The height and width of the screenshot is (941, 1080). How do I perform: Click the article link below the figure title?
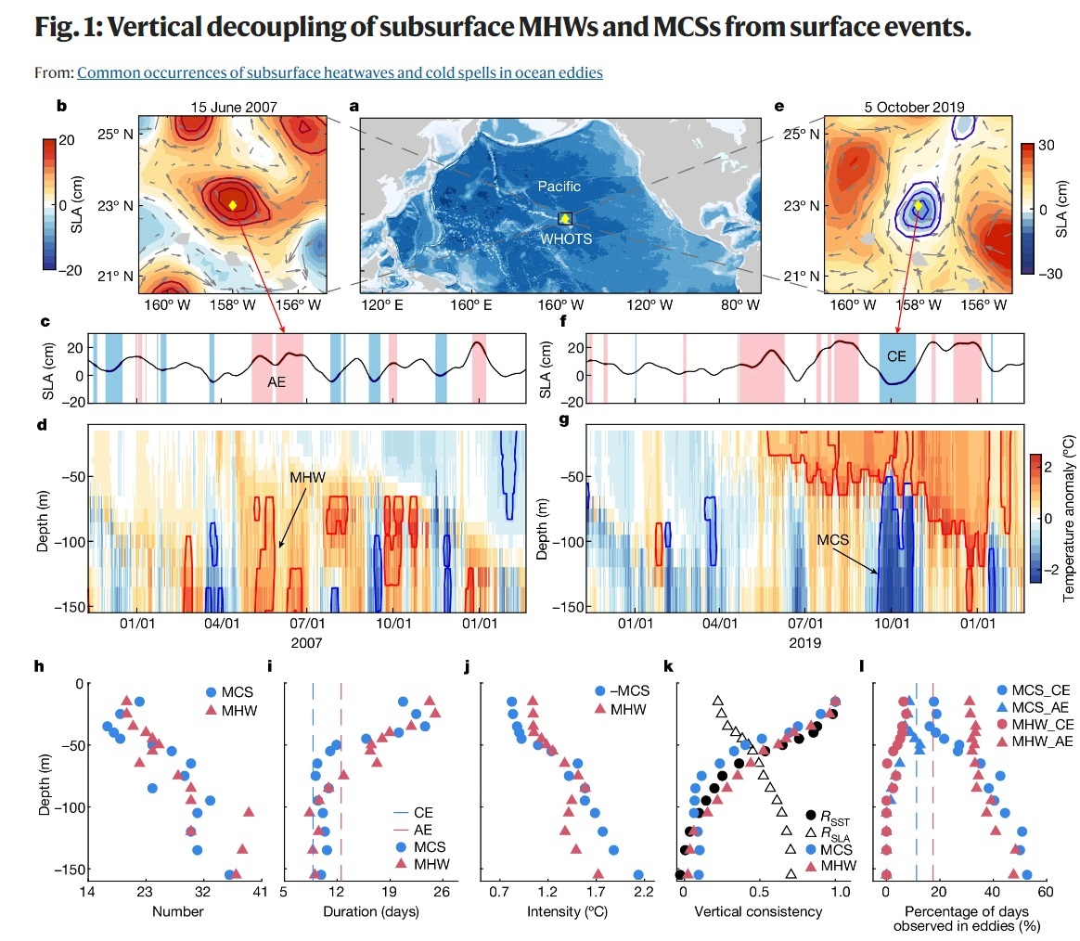pos(340,72)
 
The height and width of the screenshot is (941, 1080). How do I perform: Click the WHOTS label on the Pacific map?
pos(566,239)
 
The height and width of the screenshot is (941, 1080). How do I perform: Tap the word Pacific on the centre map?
pos(559,186)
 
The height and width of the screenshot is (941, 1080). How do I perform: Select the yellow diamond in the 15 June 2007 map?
pos(233,205)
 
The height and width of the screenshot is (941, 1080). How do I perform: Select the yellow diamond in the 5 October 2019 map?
pos(918,205)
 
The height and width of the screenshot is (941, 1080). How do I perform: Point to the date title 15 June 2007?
pos(234,108)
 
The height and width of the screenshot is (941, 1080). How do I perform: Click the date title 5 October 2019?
pos(915,108)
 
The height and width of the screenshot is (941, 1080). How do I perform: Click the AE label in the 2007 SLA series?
pos(276,381)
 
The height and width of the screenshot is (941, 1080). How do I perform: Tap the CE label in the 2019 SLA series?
pos(896,356)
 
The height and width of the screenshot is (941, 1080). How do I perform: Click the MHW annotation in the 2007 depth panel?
pos(307,477)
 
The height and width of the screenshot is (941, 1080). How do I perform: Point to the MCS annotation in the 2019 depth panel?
pos(832,540)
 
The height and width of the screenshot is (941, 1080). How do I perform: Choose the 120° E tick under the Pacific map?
pos(382,304)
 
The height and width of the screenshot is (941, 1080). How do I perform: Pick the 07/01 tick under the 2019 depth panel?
pos(805,624)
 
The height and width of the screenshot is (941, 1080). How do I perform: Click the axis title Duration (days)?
pos(371,911)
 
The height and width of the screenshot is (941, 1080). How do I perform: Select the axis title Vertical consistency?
pos(758,911)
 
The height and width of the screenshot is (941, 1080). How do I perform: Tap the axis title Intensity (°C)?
pos(568,911)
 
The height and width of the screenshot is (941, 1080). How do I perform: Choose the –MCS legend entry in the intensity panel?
pos(622,691)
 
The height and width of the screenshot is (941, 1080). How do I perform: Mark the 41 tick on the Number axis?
pos(260,892)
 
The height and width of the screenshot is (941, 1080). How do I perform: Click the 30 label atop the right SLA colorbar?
pos(1047,146)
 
